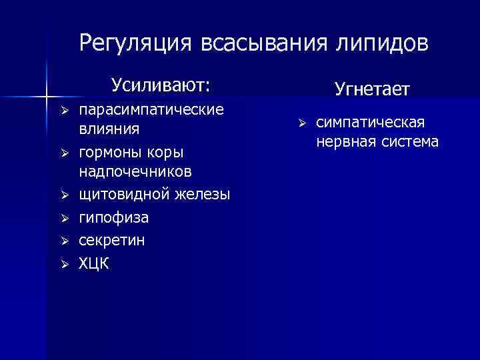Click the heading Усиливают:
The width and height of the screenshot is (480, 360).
[x=161, y=85]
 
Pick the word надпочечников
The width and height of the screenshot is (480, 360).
[x=135, y=172]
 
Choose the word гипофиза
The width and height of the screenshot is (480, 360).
[x=114, y=217]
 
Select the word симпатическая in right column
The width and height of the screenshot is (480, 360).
[x=370, y=123]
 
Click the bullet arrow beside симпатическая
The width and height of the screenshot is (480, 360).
[x=301, y=123]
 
